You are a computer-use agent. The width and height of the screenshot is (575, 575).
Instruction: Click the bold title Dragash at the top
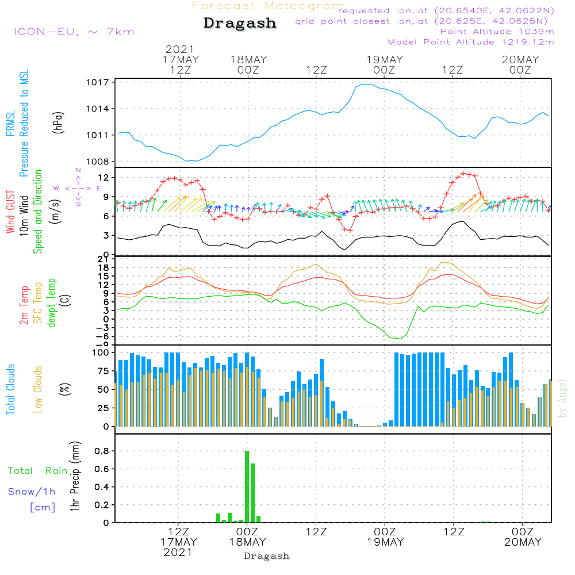pos(240,23)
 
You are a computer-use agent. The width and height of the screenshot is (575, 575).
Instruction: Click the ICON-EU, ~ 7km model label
pos(74,32)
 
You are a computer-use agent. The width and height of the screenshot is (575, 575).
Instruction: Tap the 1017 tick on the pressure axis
pos(98,82)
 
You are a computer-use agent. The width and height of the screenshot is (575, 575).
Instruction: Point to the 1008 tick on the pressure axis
pos(98,162)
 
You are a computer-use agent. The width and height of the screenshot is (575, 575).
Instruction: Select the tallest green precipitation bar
pos(247,486)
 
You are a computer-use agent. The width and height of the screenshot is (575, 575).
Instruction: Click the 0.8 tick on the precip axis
pos(102,451)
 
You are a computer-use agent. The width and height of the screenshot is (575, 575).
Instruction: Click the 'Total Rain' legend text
pos(38,471)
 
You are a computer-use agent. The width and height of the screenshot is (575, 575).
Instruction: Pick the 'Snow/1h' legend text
pos(32,492)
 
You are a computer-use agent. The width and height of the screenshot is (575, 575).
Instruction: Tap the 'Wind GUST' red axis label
pos(10,212)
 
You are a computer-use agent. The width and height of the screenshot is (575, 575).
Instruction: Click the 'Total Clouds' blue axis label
pos(10,389)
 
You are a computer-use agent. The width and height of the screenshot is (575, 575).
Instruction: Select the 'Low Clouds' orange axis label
pos(38,389)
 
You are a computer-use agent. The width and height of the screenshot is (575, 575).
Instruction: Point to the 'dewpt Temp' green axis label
pos(52,302)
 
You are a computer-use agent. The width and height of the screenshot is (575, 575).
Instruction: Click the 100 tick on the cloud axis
pos(101,353)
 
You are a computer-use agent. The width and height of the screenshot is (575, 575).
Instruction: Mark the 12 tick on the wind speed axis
pos(103,178)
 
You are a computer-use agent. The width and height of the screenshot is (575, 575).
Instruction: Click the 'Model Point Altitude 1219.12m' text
pos(471,42)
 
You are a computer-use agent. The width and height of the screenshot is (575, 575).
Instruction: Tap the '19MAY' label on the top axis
pos(385,60)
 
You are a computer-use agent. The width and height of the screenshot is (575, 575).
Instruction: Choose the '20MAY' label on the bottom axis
pos(523,542)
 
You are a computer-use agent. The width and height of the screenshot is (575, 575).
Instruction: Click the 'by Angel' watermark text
pos(562,398)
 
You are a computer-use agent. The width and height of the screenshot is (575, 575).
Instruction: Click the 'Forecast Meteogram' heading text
pos(268,6)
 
